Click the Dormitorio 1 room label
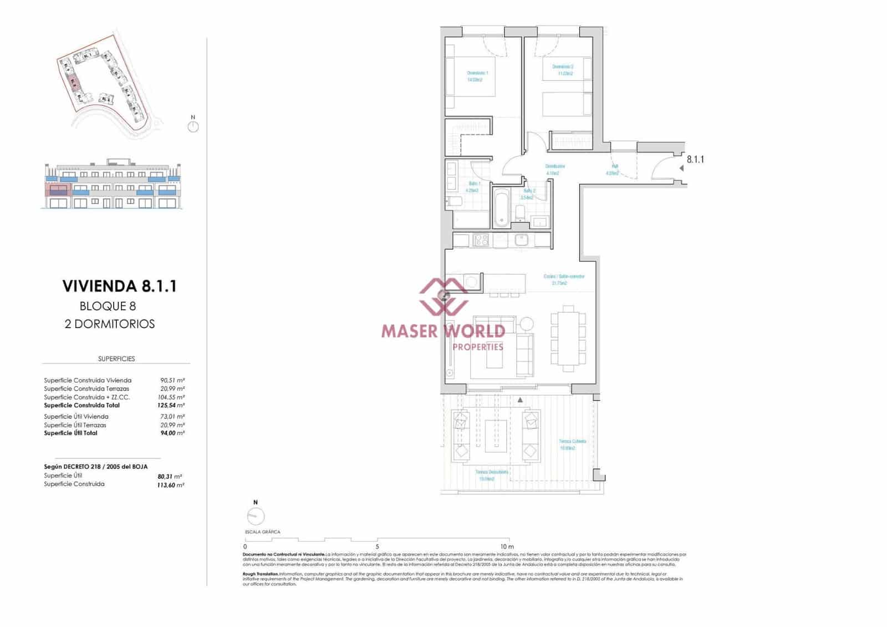[477, 73]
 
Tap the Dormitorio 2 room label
[563, 67]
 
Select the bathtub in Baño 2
[502, 208]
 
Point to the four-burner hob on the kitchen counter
[481, 240]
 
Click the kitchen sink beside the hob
[521, 240]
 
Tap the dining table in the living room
[568, 338]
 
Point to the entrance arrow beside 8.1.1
[681, 168]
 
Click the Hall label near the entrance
[615, 166]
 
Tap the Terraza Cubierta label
[572, 442]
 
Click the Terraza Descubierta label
[492, 472]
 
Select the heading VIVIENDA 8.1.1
[119, 286]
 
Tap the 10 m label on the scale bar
[507, 547]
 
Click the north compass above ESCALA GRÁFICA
[256, 516]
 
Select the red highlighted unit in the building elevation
[58, 191]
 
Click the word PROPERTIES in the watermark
[478, 347]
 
